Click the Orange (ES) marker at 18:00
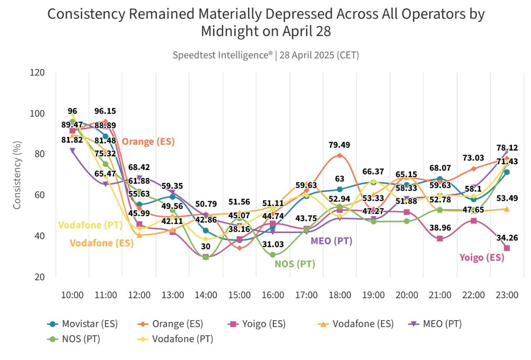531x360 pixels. click(x=340, y=156)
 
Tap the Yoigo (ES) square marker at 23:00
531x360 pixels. click(x=507, y=248)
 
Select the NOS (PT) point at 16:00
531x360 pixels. click(x=273, y=255)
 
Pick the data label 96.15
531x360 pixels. click(x=105, y=111)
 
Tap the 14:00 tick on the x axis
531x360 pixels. click(x=206, y=295)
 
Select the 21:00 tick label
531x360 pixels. click(x=440, y=295)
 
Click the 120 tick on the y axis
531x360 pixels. click(x=38, y=73)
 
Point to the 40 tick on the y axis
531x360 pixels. click(x=40, y=236)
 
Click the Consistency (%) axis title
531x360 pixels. click(x=17, y=174)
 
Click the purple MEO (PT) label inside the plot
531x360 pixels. click(x=331, y=241)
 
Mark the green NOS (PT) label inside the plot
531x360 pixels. click(x=295, y=264)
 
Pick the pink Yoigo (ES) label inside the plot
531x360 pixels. click(x=482, y=258)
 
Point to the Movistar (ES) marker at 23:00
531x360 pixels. click(x=507, y=172)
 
